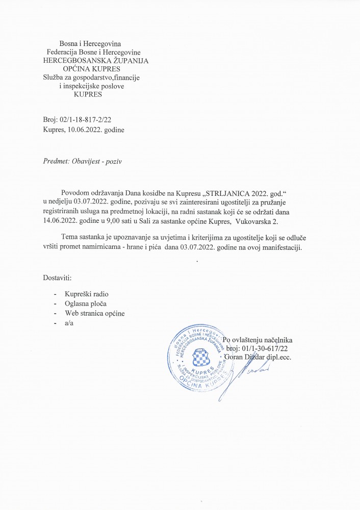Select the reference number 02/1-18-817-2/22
pos(82,120)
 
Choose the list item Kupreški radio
pos(87,294)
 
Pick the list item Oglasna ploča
pos(86,304)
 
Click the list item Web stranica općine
pos(95,313)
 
